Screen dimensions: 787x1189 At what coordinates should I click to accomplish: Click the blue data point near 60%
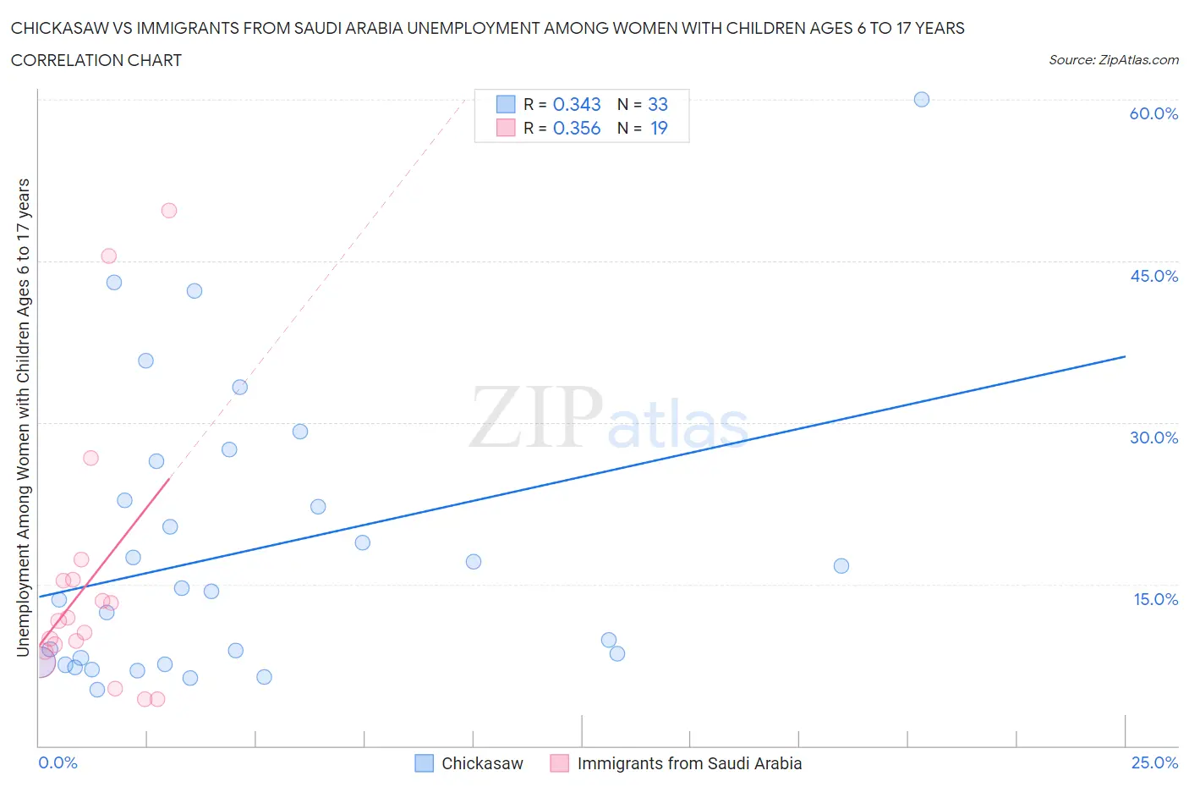(922, 100)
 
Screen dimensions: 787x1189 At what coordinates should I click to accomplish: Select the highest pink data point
(169, 211)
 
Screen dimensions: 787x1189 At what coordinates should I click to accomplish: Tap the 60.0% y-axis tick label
(1153, 113)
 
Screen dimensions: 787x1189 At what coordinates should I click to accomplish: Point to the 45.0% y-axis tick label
(1153, 276)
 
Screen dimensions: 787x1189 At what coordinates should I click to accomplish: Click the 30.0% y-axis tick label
(1153, 438)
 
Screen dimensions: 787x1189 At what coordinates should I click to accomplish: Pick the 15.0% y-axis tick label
(1155, 599)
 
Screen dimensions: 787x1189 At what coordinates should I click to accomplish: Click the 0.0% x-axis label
(58, 762)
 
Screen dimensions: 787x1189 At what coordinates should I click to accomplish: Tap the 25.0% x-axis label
(1154, 762)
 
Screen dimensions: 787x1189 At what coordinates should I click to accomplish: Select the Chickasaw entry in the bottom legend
(482, 763)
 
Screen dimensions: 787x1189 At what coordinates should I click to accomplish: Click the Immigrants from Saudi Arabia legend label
(688, 763)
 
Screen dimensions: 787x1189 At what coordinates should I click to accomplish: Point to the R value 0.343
(577, 104)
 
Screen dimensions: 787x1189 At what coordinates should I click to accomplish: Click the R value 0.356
(577, 128)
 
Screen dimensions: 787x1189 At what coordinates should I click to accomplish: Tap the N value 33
(658, 104)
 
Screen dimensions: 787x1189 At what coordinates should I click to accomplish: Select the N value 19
(659, 128)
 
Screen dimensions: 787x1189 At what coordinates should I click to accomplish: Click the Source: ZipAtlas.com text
(1113, 59)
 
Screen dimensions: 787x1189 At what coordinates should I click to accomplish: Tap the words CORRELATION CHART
(96, 60)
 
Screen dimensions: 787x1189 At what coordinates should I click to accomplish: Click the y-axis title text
(23, 418)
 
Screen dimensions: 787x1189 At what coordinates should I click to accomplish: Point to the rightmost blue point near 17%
(841, 566)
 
